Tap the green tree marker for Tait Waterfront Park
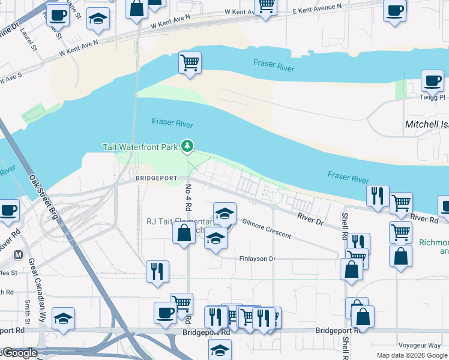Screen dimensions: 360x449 [188, 146]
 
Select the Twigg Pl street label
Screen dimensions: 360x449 [433, 97]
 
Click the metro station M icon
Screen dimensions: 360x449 [18, 254]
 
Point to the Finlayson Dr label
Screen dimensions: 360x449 [257, 259]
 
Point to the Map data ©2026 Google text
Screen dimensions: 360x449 [412, 355]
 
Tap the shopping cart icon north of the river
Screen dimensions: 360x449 [190, 62]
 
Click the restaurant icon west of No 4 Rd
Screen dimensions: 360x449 [157, 271]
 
